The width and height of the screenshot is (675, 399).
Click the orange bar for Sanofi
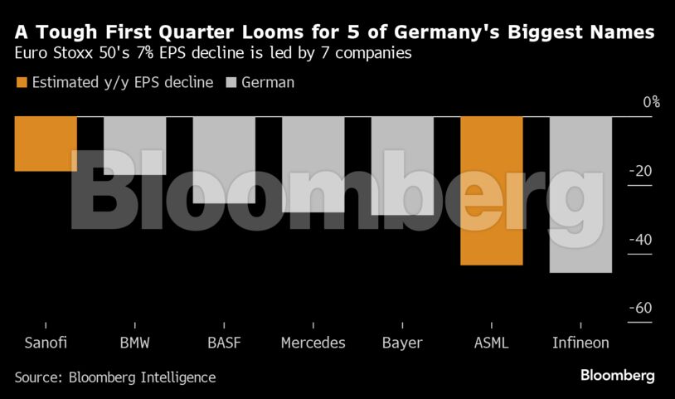pos(46,144)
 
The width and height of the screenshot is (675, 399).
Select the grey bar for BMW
pos(134,145)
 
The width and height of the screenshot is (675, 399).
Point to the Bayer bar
pos(402,165)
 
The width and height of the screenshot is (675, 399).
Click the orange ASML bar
pos(492,190)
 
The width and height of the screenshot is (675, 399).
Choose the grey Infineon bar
pos(580,194)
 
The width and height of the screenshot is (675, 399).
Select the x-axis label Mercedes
pos(313,343)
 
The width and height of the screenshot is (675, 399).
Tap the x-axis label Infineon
pos(580,343)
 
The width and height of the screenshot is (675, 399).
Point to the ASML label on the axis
pos(492,343)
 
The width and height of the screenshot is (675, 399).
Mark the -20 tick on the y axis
pos(641,172)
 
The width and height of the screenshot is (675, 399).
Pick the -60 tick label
pos(641,309)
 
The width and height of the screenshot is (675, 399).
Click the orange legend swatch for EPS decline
pos(22,82)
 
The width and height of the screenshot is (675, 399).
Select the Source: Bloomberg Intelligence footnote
pos(114,377)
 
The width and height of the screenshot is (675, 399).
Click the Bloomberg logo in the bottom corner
pos(617,376)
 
